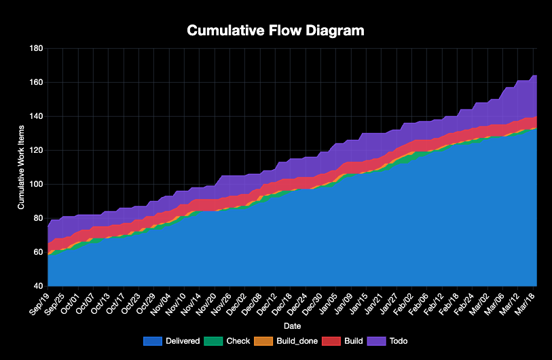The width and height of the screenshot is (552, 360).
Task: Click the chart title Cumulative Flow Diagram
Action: pyautogui.click(x=276, y=31)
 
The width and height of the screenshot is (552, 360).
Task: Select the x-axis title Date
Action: pyautogui.click(x=293, y=326)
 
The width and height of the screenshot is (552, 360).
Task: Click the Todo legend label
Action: pyautogui.click(x=399, y=341)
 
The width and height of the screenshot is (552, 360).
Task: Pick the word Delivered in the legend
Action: pyautogui.click(x=182, y=341)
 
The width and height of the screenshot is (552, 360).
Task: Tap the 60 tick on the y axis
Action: pyautogui.click(x=37, y=252)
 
